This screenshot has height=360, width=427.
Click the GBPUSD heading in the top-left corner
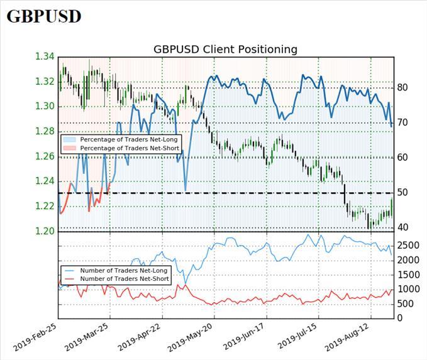[x=44, y=16]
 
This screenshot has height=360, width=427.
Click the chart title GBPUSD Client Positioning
[x=225, y=49]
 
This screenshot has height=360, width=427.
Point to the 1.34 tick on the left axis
[x=44, y=57]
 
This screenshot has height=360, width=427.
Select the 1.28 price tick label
[x=44, y=131]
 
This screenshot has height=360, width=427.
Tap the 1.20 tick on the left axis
[x=44, y=231]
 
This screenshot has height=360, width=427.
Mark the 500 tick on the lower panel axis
[x=405, y=303]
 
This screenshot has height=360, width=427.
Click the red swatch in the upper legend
[x=69, y=148]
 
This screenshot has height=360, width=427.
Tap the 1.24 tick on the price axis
[x=44, y=181]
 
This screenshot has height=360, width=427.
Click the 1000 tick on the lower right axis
[x=408, y=289]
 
